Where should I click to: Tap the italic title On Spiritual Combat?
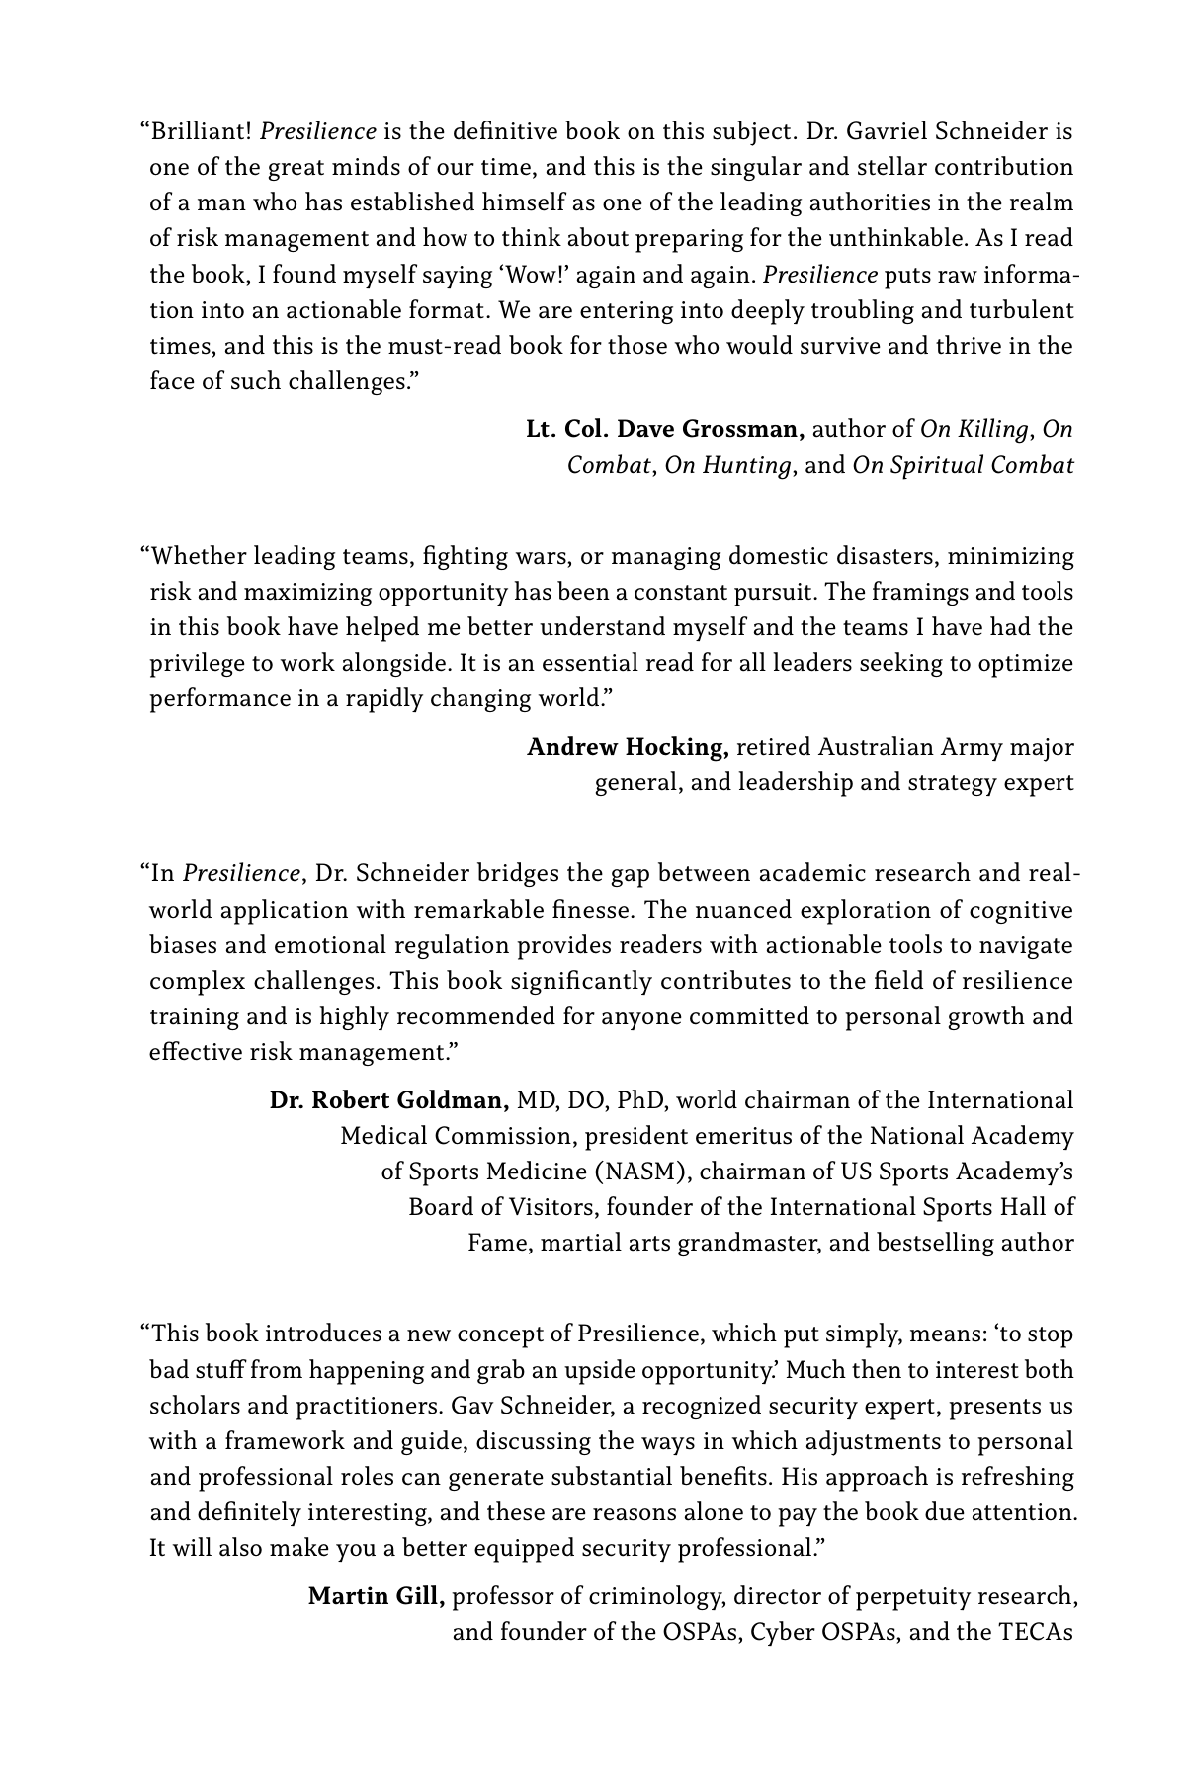(x=963, y=465)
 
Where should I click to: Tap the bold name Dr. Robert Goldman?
(x=389, y=1100)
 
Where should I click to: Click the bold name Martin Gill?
(x=376, y=1596)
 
